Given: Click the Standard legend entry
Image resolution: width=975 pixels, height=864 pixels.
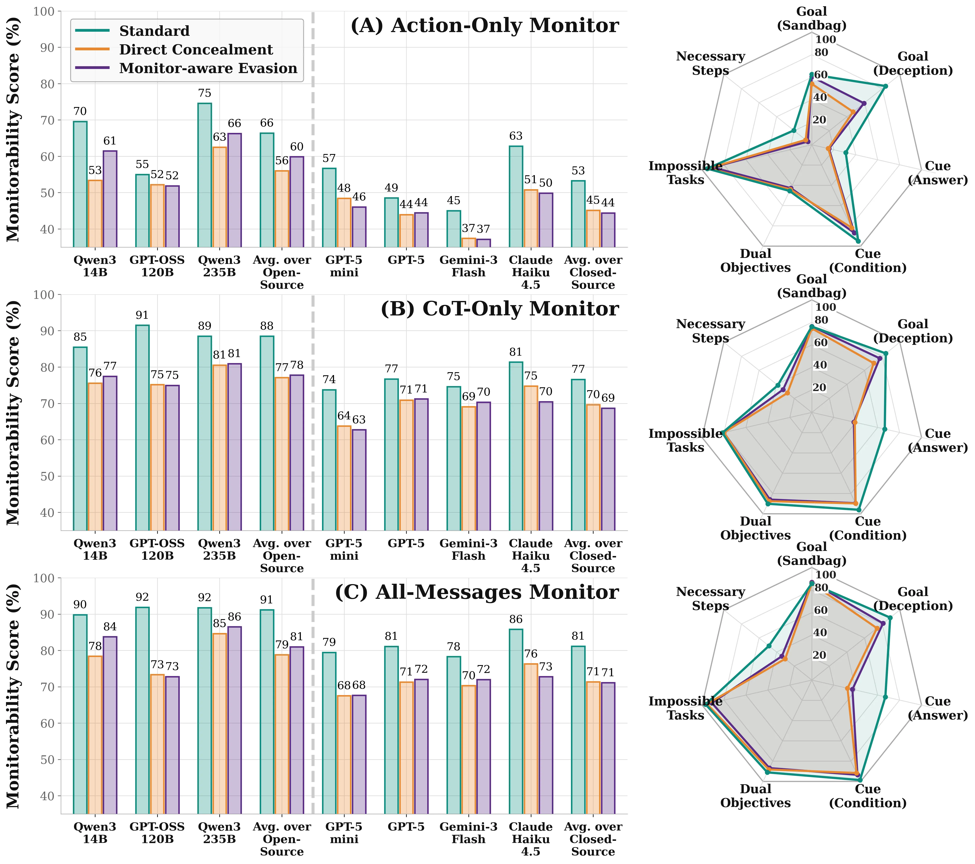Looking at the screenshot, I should coord(154,31).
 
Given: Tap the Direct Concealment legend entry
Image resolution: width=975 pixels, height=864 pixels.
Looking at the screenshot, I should coord(195,50).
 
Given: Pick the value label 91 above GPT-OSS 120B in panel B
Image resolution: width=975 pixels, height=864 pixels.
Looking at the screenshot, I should coord(142,315).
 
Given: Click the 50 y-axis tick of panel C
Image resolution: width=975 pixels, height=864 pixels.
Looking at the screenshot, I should coord(50,760).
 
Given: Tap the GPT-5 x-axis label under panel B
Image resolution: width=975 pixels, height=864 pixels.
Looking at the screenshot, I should coord(406,544).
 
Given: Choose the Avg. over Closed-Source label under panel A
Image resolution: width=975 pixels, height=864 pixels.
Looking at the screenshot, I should coord(593,272).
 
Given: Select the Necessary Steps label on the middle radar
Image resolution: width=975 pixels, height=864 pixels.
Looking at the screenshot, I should coord(710,331).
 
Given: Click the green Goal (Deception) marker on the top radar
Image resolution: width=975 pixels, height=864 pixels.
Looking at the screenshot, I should coord(885,86).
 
